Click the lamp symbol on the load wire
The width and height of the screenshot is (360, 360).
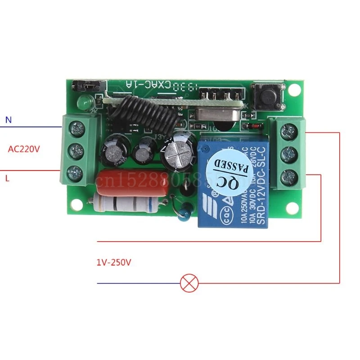coord(186,283)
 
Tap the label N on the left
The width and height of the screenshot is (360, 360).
coord(7,120)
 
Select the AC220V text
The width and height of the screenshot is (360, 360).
coord(24,148)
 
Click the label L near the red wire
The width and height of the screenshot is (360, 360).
coord(7,178)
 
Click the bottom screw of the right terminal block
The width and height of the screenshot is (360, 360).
coord(288,176)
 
